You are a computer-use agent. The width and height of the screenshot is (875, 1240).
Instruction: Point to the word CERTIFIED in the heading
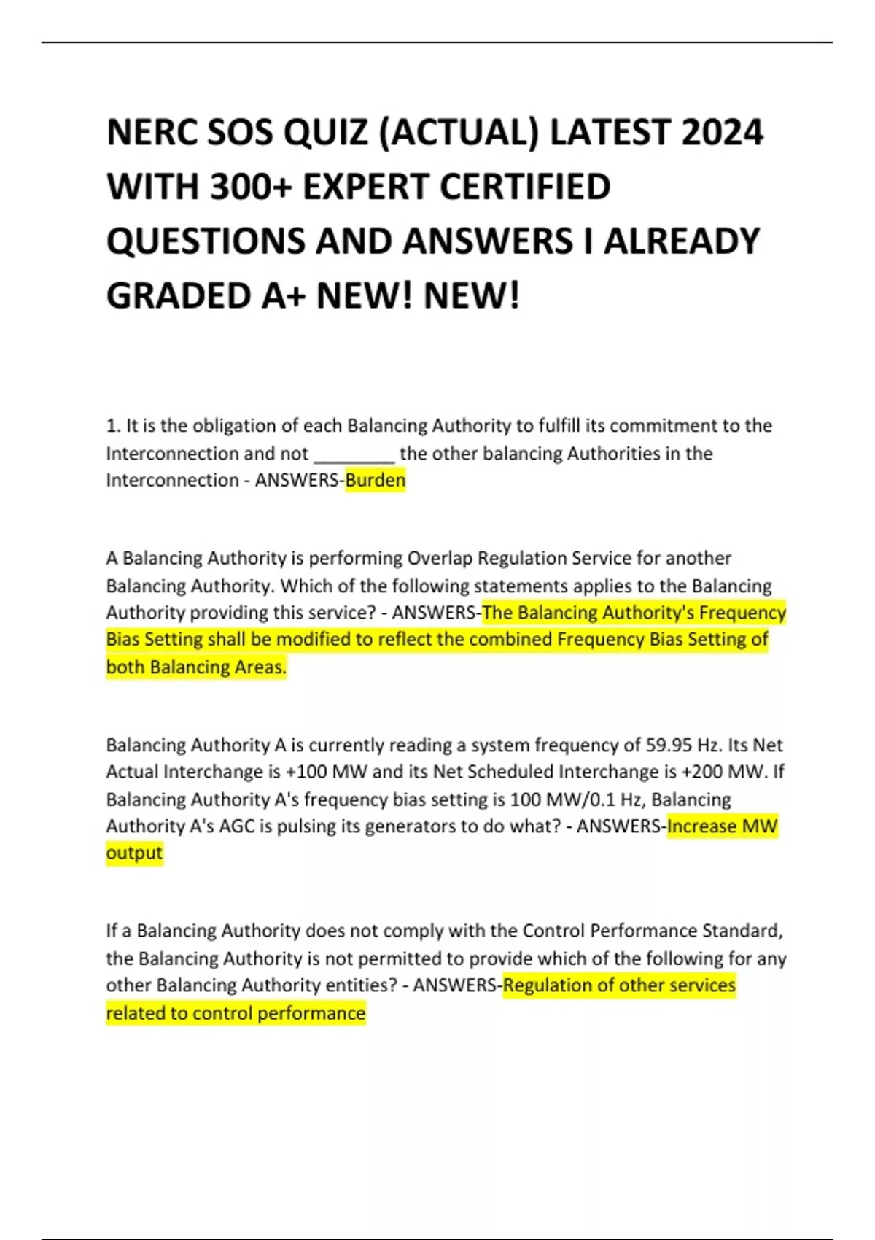[x=525, y=187]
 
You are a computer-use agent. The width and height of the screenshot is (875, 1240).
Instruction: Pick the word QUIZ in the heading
[x=325, y=133]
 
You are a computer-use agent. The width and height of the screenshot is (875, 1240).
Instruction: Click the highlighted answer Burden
[x=375, y=480]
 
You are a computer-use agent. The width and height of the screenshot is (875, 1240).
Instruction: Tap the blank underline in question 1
[x=354, y=455]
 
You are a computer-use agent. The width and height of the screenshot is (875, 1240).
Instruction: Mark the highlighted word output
[x=134, y=853]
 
